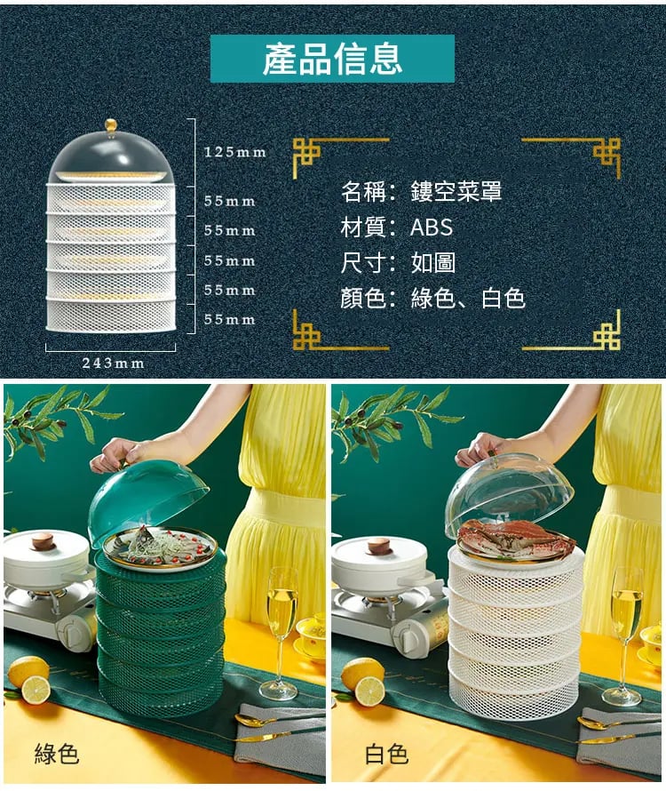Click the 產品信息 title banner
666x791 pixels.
coord(332,59)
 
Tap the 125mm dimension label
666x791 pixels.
coord(235,152)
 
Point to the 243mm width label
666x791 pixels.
coord(114,364)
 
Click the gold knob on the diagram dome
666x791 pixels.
coord(111,125)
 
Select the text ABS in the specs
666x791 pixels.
coord(432,227)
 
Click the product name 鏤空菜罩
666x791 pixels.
coord(456,192)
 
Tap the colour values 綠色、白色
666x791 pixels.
coord(468,298)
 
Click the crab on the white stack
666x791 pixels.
coord(516,538)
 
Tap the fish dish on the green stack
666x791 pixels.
coord(161,546)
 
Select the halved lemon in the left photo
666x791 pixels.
coord(36,690)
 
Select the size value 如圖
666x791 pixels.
coord(433,263)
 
